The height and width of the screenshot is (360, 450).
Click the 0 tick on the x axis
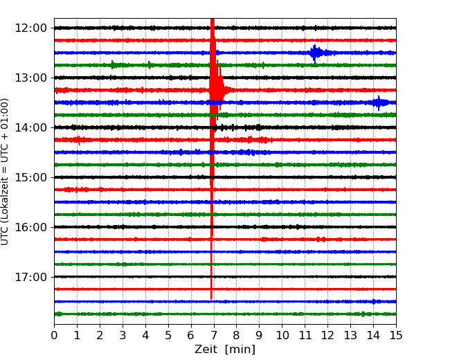tap(55, 336)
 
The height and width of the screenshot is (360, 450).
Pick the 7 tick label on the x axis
tap(214, 336)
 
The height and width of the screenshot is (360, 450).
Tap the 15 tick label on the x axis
tap(396, 336)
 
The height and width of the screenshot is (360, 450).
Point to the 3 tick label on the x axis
tap(123, 336)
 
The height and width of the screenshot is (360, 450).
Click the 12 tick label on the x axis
tap(327, 336)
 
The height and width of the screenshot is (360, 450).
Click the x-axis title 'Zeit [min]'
tap(225, 350)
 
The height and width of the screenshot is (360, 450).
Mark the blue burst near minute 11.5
tap(315, 53)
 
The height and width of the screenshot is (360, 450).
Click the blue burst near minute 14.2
tap(379, 102)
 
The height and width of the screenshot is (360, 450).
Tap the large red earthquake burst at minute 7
tap(217, 89)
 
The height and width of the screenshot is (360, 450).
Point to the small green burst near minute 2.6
tap(114, 65)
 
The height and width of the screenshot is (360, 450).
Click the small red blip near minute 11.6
tap(319, 239)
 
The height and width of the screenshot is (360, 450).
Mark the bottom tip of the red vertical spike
tap(211, 298)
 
